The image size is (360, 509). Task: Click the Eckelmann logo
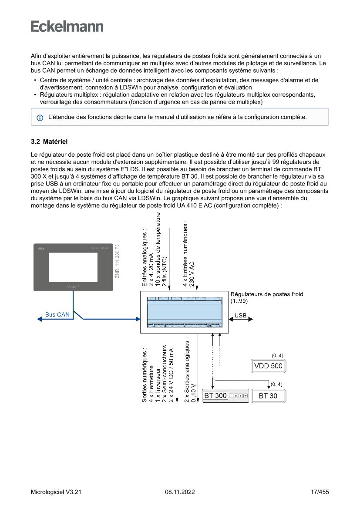(x=67, y=26)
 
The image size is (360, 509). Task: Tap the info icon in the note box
(x=40, y=118)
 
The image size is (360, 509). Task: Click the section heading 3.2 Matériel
(x=50, y=142)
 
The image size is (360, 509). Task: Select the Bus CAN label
(x=57, y=314)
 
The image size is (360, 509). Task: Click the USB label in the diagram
(x=240, y=315)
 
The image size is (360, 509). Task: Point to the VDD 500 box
(x=268, y=366)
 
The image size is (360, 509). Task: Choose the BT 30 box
(x=268, y=396)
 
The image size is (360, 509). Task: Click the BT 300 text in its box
(x=215, y=396)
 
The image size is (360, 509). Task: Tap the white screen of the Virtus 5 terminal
(x=73, y=266)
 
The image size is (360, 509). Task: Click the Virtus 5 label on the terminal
(x=73, y=287)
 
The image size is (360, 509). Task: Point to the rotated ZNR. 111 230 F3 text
(x=117, y=261)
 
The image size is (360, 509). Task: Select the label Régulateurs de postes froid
(x=266, y=294)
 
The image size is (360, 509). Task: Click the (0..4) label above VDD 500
(x=277, y=356)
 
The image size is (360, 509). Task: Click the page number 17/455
(x=320, y=492)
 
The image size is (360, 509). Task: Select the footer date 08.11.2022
(x=180, y=492)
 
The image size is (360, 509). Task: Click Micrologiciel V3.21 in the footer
(x=56, y=492)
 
